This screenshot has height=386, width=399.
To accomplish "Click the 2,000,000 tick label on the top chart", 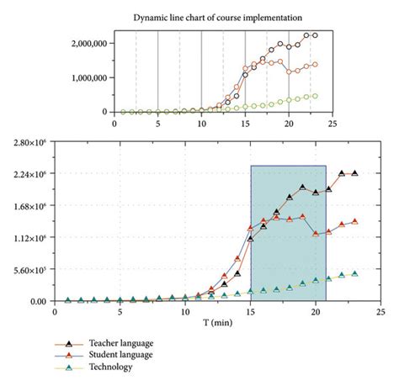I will [x=88, y=43].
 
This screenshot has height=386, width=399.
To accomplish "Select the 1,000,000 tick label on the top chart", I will [x=88, y=77].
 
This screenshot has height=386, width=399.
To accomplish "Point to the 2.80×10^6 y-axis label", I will [x=29, y=144].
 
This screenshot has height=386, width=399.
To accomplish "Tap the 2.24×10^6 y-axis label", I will [x=29, y=175].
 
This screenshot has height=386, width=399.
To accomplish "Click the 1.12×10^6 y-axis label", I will [x=29, y=238].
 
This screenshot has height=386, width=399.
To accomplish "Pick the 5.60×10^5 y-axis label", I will [x=29, y=269].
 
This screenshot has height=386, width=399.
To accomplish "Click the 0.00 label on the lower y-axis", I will [x=37, y=300].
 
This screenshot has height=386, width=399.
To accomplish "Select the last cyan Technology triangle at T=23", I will [x=355, y=273].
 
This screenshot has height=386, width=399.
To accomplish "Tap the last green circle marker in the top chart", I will [x=315, y=96].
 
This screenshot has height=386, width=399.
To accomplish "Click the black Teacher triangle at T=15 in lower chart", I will [x=250, y=239].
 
